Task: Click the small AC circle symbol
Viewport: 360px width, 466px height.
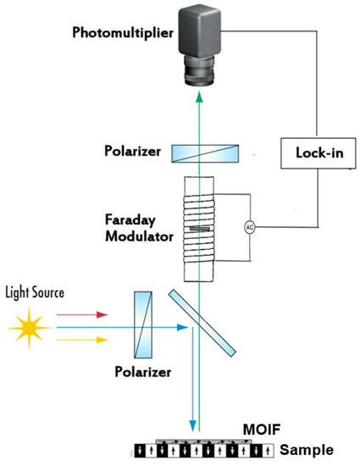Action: (x=250, y=227)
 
